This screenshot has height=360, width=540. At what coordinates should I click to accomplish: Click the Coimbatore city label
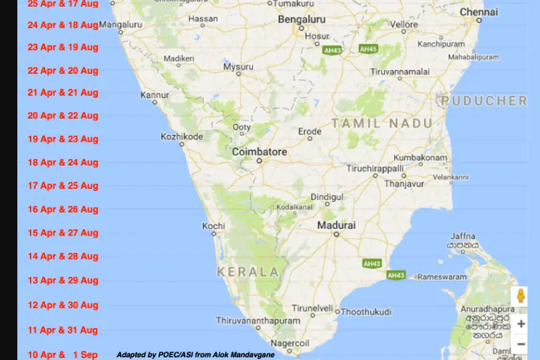260,152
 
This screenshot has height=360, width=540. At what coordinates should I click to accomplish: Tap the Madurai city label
336,226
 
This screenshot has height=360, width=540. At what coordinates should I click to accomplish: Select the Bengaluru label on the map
302,20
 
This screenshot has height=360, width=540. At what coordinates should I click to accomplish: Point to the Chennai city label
479,12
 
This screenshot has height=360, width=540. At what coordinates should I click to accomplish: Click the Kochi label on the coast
214,226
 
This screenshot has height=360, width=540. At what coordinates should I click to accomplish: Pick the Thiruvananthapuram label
258,320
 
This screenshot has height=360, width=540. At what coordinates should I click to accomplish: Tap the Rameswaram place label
443,276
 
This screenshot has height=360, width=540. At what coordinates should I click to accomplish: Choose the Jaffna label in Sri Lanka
463,236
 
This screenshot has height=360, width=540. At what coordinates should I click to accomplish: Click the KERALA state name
248,271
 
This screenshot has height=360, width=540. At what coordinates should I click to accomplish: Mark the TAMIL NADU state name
382,123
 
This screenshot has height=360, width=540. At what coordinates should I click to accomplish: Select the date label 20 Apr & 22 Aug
63,116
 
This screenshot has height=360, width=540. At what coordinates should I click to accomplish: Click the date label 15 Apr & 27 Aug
63,233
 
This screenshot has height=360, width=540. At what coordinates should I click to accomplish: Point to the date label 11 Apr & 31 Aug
63,330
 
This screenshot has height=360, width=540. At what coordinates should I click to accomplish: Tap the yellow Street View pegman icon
519,296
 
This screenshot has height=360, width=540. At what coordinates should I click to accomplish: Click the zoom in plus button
521,324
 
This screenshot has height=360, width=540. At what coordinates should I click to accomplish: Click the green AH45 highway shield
368,49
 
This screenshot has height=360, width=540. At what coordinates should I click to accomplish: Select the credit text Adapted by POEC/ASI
195,355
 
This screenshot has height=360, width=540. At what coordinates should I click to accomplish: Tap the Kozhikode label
182,136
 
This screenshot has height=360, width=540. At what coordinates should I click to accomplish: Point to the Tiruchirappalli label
375,168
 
